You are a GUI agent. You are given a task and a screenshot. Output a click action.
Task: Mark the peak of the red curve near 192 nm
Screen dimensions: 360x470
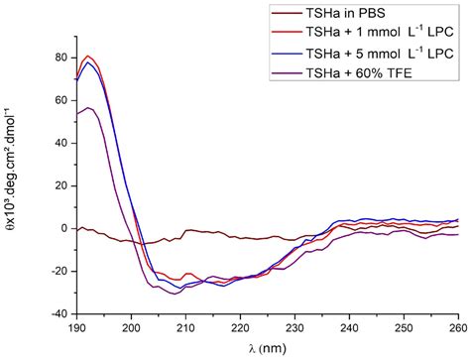(x=88, y=57)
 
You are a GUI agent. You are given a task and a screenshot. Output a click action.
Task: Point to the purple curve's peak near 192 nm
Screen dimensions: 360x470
(x=88, y=108)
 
